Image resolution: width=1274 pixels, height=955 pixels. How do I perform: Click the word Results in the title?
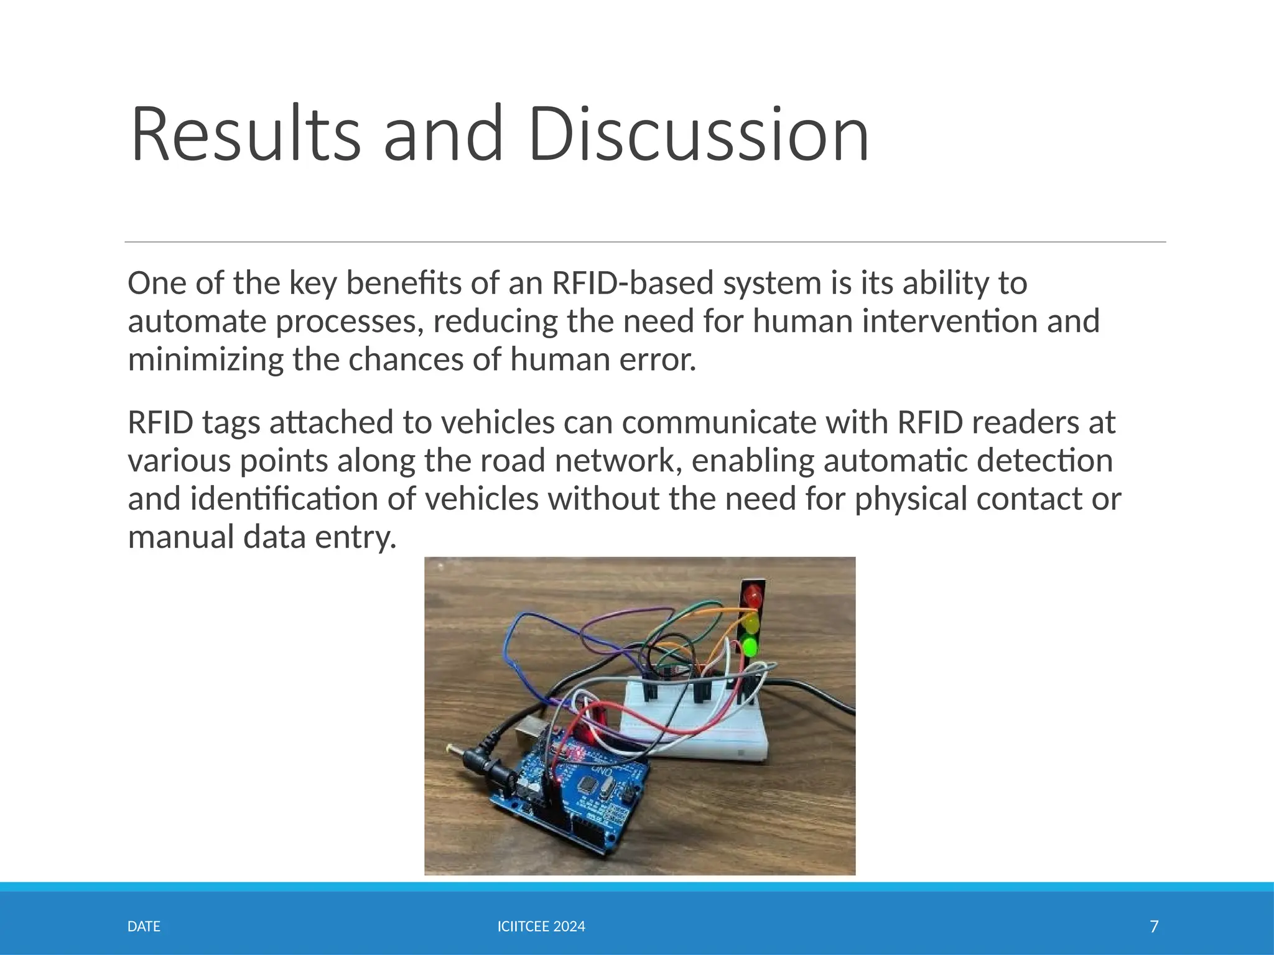pyautogui.click(x=245, y=135)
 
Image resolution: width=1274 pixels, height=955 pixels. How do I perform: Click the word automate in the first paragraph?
pyautogui.click(x=197, y=322)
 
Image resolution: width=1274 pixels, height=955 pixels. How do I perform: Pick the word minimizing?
pyautogui.click(x=205, y=360)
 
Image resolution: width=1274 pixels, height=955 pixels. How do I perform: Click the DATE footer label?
pyautogui.click(x=144, y=926)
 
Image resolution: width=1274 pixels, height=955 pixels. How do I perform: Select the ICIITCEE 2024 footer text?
pyautogui.click(x=541, y=926)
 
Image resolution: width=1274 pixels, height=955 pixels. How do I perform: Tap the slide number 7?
pyautogui.click(x=1154, y=927)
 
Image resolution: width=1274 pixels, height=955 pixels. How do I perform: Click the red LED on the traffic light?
pyautogui.click(x=753, y=597)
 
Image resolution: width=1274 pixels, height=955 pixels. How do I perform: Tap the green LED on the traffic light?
pyautogui.click(x=750, y=647)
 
